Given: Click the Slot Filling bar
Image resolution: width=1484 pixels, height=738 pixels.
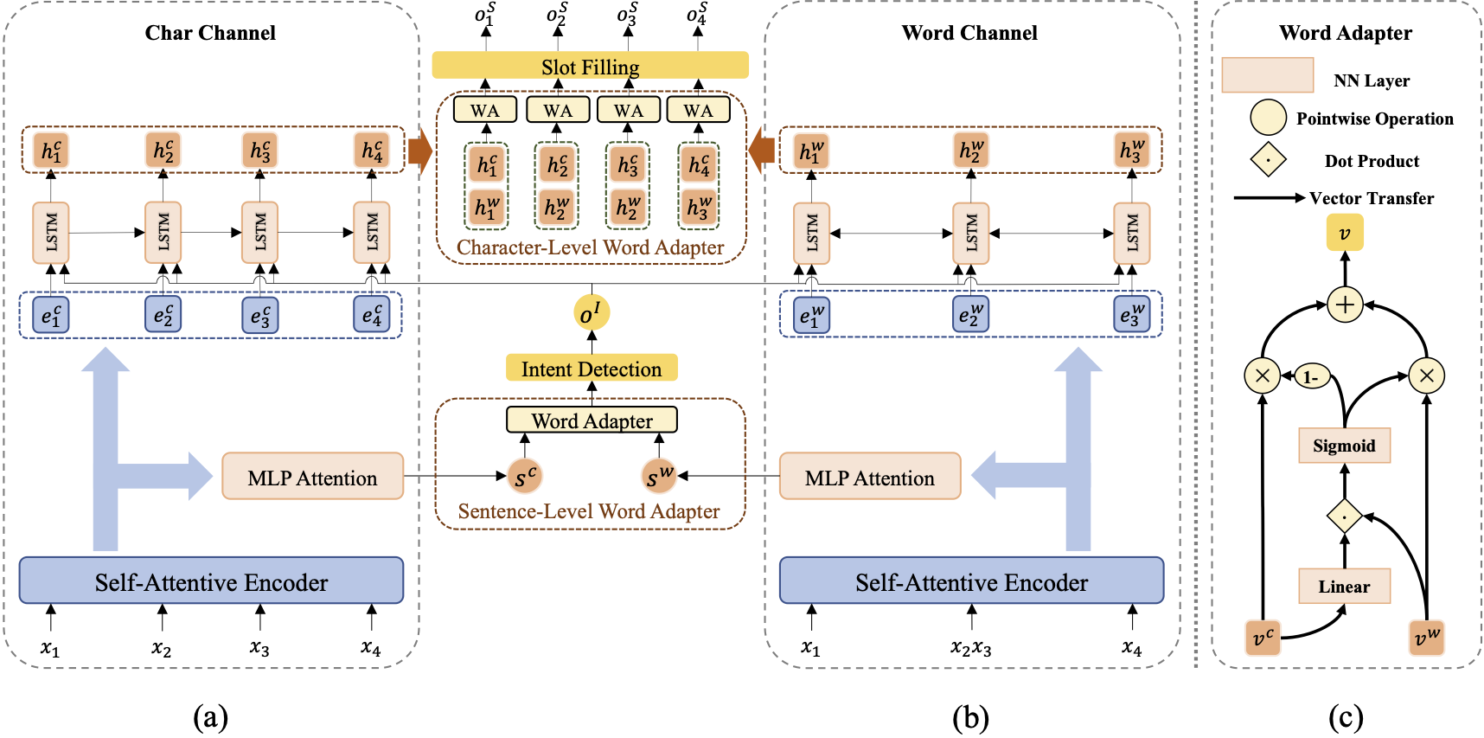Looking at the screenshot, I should click(590, 66).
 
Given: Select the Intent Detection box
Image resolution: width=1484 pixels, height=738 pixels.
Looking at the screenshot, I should click(592, 369).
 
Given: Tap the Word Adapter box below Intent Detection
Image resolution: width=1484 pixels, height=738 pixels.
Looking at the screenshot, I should click(592, 420).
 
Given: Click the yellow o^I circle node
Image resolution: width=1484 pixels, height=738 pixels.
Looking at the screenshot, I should click(592, 313).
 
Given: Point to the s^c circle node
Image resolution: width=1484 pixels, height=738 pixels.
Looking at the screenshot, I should click(525, 476).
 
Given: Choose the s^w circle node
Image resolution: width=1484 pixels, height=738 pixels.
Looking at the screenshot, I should click(659, 476).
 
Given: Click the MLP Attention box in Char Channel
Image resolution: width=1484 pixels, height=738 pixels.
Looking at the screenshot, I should click(312, 477).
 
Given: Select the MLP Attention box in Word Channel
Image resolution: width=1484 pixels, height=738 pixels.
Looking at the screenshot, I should click(870, 477).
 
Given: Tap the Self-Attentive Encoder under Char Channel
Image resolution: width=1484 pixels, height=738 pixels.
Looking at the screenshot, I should click(211, 581).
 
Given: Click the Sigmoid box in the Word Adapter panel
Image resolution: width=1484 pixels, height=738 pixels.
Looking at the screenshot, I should click(1344, 446).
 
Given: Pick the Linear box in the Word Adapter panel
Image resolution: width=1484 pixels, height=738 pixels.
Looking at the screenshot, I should click(1344, 587).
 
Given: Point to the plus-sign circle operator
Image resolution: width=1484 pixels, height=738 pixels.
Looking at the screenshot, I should click(1345, 305).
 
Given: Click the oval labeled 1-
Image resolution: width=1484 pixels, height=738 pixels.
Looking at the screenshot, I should click(1311, 376).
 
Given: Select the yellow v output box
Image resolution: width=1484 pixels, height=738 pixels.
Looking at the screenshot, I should click(1345, 234).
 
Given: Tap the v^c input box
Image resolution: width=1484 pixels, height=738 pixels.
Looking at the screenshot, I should click(1263, 638).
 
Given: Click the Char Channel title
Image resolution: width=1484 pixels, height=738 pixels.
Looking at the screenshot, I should click(210, 33).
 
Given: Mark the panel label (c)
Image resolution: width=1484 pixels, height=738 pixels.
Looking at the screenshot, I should click(1345, 717).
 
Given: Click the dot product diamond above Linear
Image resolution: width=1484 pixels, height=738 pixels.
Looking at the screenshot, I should click(1344, 516).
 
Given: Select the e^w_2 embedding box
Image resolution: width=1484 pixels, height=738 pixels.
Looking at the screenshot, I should click(970, 314).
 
